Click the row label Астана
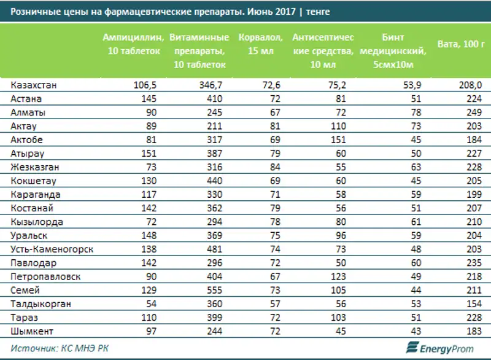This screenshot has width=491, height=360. coord(26,99)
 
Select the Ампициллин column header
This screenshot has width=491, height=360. coord(131,44)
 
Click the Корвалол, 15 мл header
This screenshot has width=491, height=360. coord(261,44)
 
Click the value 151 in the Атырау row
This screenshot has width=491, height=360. coord(150,154)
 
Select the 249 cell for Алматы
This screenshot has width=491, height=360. coord(473,112)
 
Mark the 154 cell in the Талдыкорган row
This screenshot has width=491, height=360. coord(473,304)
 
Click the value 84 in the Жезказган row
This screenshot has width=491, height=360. coord(274,167)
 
